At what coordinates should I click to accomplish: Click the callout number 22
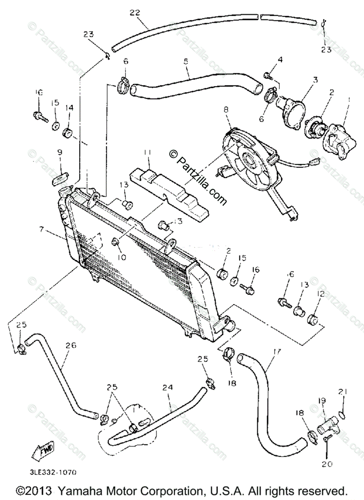click(134, 12)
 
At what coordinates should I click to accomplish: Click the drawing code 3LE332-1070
click(53, 472)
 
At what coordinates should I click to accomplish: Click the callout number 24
click(168, 387)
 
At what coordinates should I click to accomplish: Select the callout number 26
click(71, 345)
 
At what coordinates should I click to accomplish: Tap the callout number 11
click(147, 153)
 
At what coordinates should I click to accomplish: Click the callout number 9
click(60, 153)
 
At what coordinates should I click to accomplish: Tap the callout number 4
click(280, 60)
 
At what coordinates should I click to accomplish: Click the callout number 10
click(121, 257)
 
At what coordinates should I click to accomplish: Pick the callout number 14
click(69, 107)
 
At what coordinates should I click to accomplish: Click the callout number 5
click(186, 61)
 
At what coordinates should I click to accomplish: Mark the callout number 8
click(226, 110)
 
